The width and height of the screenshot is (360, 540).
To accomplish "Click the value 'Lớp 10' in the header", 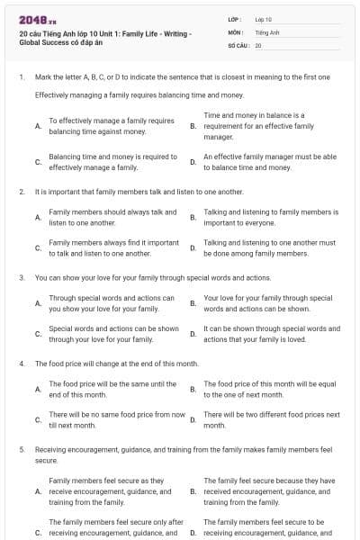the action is [264, 19].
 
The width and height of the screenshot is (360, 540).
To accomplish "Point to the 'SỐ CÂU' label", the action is [238, 44].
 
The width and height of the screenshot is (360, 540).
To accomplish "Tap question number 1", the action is [21, 77].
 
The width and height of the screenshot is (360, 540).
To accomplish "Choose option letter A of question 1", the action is [37, 126].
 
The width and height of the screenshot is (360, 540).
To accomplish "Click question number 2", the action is [21, 192].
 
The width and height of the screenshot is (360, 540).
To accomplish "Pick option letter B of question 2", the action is [193, 217].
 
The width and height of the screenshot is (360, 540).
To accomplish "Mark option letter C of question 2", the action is [37, 248].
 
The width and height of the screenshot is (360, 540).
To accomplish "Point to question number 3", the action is [21, 278].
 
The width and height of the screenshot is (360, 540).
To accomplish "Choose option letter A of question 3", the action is [37, 303].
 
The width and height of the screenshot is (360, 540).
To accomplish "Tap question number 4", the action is [21, 364].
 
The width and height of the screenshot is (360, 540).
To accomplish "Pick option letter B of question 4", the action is [193, 389].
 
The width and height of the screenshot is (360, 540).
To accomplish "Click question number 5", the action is [21, 448].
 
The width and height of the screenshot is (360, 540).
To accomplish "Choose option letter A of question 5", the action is [37, 492].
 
